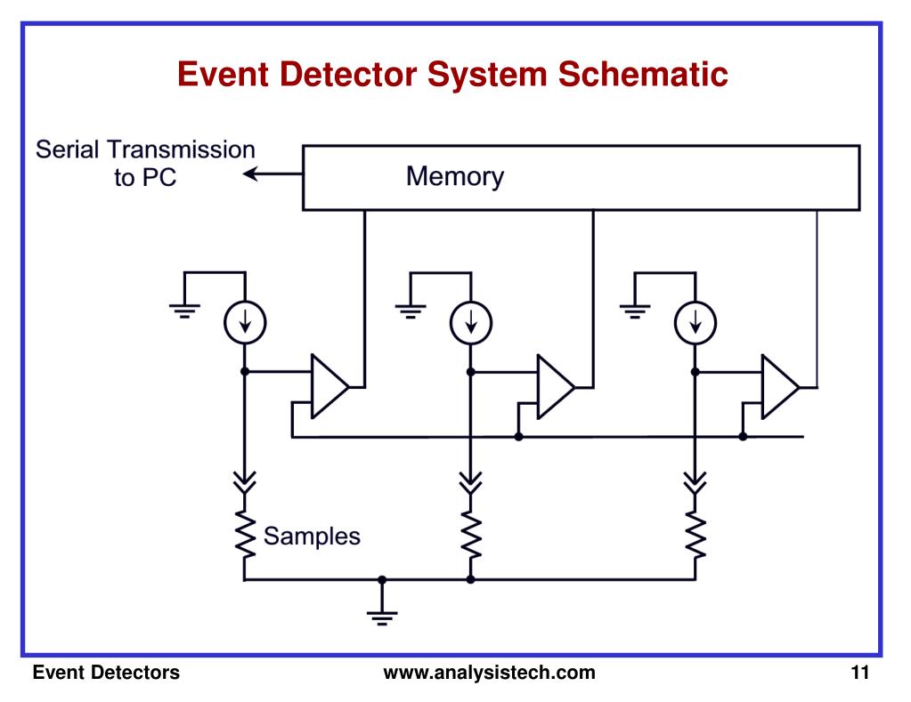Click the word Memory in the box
[x=455, y=176]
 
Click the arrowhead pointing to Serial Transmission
[x=250, y=173]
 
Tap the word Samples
[x=312, y=537]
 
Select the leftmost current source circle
[x=245, y=323]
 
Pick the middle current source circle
[x=470, y=323]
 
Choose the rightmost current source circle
[x=695, y=323]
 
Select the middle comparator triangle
[x=556, y=386]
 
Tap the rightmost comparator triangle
[x=780, y=386]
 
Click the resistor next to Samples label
[x=245, y=535]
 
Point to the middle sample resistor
[x=470, y=535]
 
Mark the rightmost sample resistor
[x=695, y=535]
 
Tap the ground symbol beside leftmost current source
[x=184, y=311]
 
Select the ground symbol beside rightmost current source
[x=635, y=311]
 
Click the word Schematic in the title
[x=643, y=75]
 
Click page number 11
[x=860, y=673]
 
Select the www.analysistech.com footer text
[x=489, y=673]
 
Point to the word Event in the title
[x=223, y=75]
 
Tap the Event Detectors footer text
[x=106, y=673]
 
